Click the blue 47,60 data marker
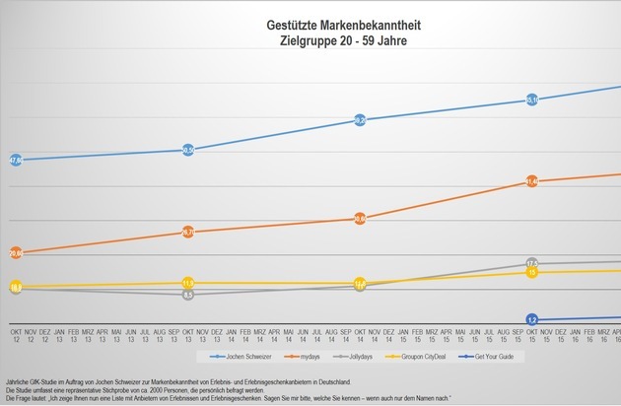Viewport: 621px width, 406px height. click(x=15, y=160)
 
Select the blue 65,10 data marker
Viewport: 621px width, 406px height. click(x=532, y=100)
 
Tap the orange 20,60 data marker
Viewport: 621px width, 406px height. click(x=15, y=253)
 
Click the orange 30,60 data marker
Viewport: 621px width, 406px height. click(x=360, y=219)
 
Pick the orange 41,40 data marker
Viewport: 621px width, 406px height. click(x=532, y=182)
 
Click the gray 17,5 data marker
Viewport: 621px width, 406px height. click(x=532, y=263)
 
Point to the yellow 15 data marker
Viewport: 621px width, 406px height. click(x=532, y=272)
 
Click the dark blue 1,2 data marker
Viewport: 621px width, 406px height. click(x=532, y=320)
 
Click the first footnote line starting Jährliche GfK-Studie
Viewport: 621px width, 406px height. click(x=177, y=380)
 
